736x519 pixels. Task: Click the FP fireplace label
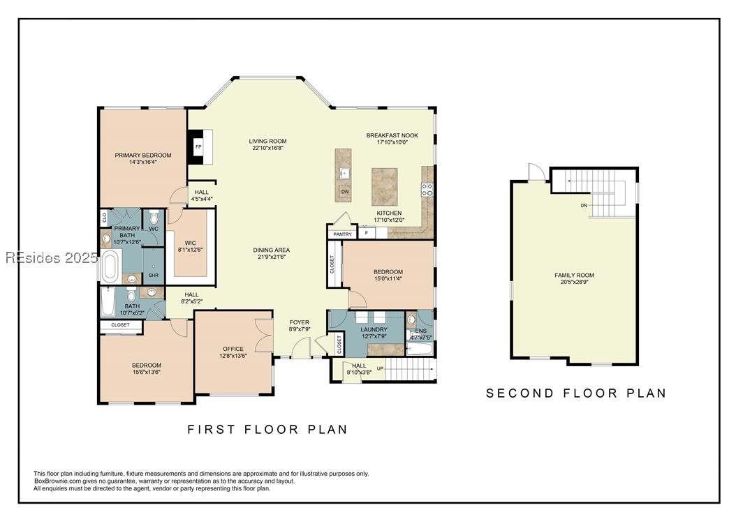pyautogui.click(x=198, y=147)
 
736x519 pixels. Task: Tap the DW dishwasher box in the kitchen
pyautogui.click(x=345, y=192)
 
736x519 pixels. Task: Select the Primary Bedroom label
pyautogui.click(x=143, y=155)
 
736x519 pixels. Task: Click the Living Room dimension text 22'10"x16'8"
pyautogui.click(x=267, y=148)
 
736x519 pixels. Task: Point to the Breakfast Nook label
pyautogui.click(x=392, y=135)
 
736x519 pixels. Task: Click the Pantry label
pyautogui.click(x=342, y=234)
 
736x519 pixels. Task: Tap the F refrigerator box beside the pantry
pyautogui.click(x=367, y=233)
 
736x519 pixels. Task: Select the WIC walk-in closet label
pyautogui.click(x=190, y=243)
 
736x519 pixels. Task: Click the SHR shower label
pyautogui.click(x=154, y=276)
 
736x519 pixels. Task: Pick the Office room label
pyautogui.click(x=233, y=349)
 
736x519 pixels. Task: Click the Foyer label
pyautogui.click(x=300, y=322)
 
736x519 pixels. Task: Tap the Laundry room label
pyautogui.click(x=374, y=329)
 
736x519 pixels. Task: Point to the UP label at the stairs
pyautogui.click(x=380, y=368)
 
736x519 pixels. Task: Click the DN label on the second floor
pyautogui.click(x=584, y=205)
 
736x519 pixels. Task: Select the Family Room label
pyautogui.click(x=575, y=276)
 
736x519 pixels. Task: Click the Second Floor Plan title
pyautogui.click(x=576, y=393)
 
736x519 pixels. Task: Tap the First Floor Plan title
pyautogui.click(x=267, y=429)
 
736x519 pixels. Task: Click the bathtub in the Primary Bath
pyautogui.click(x=111, y=266)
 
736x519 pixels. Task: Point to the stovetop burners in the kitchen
pyautogui.click(x=427, y=190)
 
